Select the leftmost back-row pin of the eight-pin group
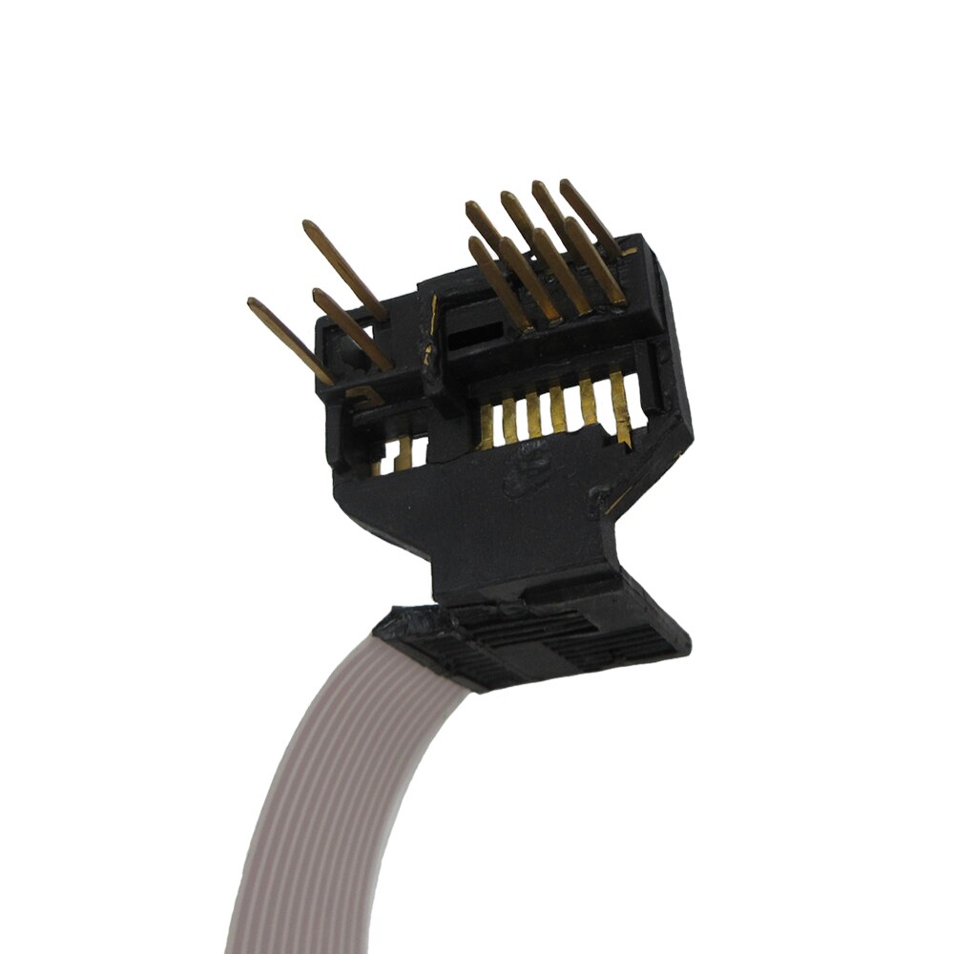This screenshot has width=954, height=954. [485, 225]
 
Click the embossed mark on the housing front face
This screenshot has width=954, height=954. [523, 473]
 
